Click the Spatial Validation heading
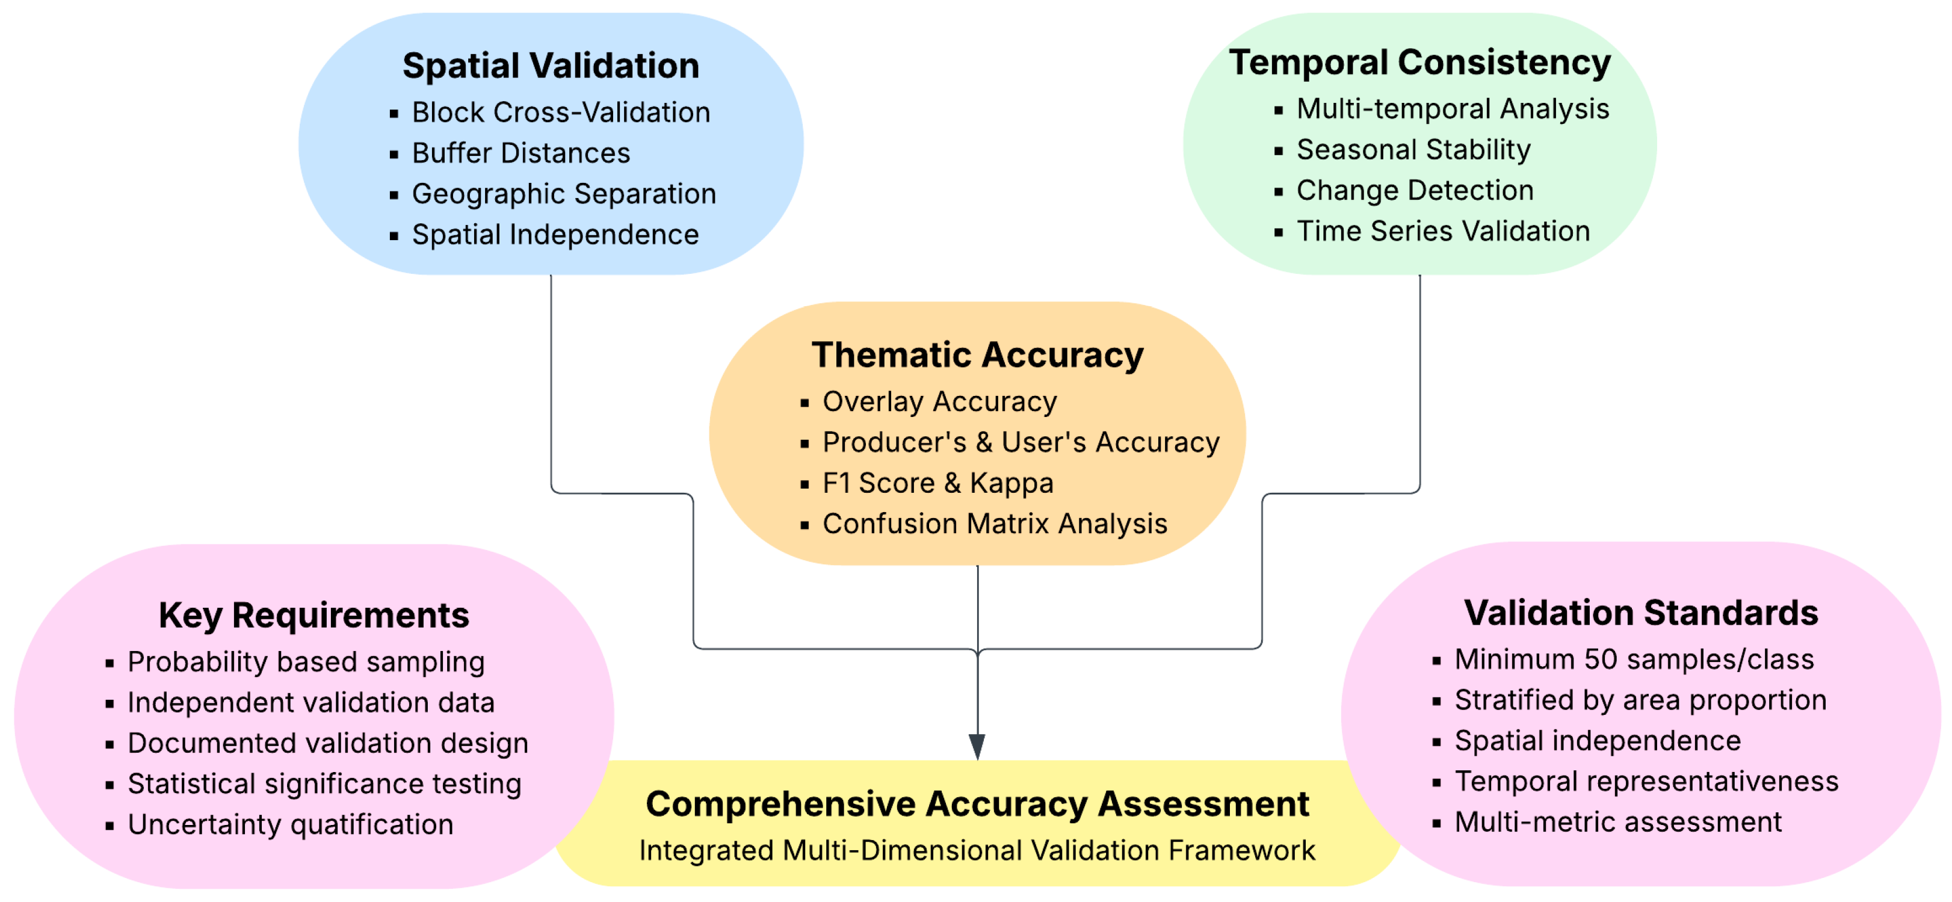click(551, 66)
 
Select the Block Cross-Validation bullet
click(561, 113)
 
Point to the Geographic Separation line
click(564, 194)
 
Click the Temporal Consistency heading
click(1419, 63)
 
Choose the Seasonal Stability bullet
click(1413, 150)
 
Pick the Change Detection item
click(1415, 191)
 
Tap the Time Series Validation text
click(1443, 231)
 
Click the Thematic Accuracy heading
click(978, 356)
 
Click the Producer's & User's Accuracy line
click(1021, 443)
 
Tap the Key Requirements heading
click(313, 616)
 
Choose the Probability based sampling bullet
click(306, 663)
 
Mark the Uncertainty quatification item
click(290, 825)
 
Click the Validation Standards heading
click(1640, 613)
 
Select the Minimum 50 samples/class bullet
click(1634, 660)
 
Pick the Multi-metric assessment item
click(1618, 823)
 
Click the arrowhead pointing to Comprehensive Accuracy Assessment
click(978, 746)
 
